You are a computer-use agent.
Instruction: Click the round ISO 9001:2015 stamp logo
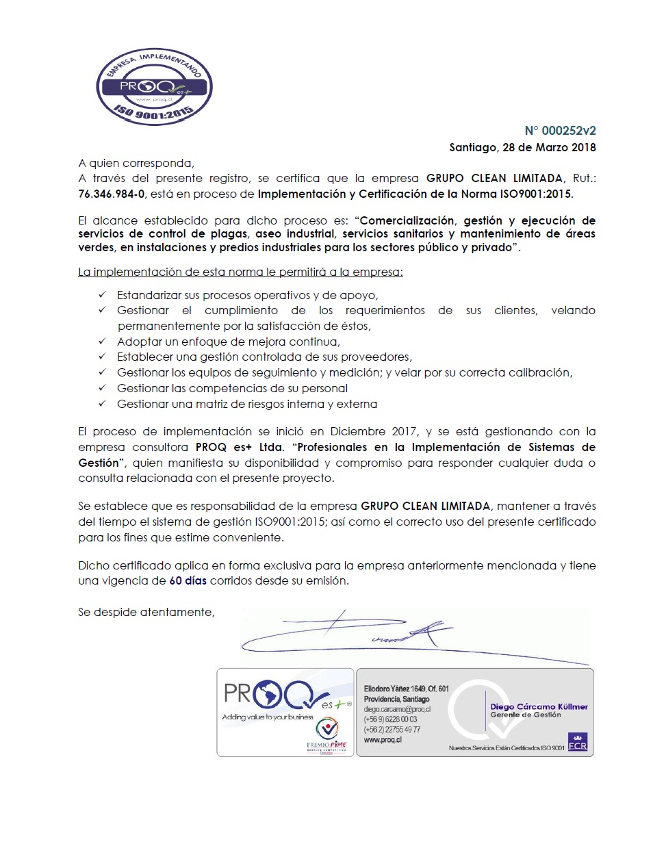tap(154, 86)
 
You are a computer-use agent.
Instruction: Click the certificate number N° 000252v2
tap(560, 131)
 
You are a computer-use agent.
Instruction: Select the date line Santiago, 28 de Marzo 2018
tap(522, 147)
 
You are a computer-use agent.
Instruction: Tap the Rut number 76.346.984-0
tap(112, 194)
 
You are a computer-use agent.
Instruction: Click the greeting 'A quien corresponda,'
tap(136, 163)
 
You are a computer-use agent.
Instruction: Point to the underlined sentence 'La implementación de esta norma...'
tap(240, 272)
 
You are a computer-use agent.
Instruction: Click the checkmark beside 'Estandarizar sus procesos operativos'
tap(102, 295)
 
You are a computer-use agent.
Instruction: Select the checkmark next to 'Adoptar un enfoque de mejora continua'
tap(102, 342)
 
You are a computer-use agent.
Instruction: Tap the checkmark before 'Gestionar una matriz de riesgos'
tap(102, 404)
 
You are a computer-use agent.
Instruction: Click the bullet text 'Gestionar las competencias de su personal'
tap(232, 388)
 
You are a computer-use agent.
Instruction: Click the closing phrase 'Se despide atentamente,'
tap(146, 612)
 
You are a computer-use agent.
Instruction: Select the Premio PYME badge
tap(327, 736)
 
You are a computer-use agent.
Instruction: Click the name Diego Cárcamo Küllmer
tap(539, 706)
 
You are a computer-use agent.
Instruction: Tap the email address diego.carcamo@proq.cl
tap(397, 709)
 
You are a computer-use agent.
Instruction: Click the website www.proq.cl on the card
tap(383, 740)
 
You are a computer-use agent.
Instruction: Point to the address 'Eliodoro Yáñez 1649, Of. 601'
tap(406, 689)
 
